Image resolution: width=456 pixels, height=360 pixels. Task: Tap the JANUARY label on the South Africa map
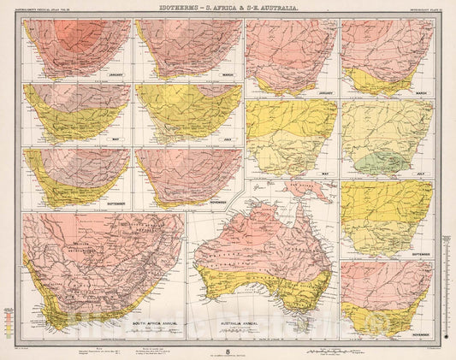[117, 75]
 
